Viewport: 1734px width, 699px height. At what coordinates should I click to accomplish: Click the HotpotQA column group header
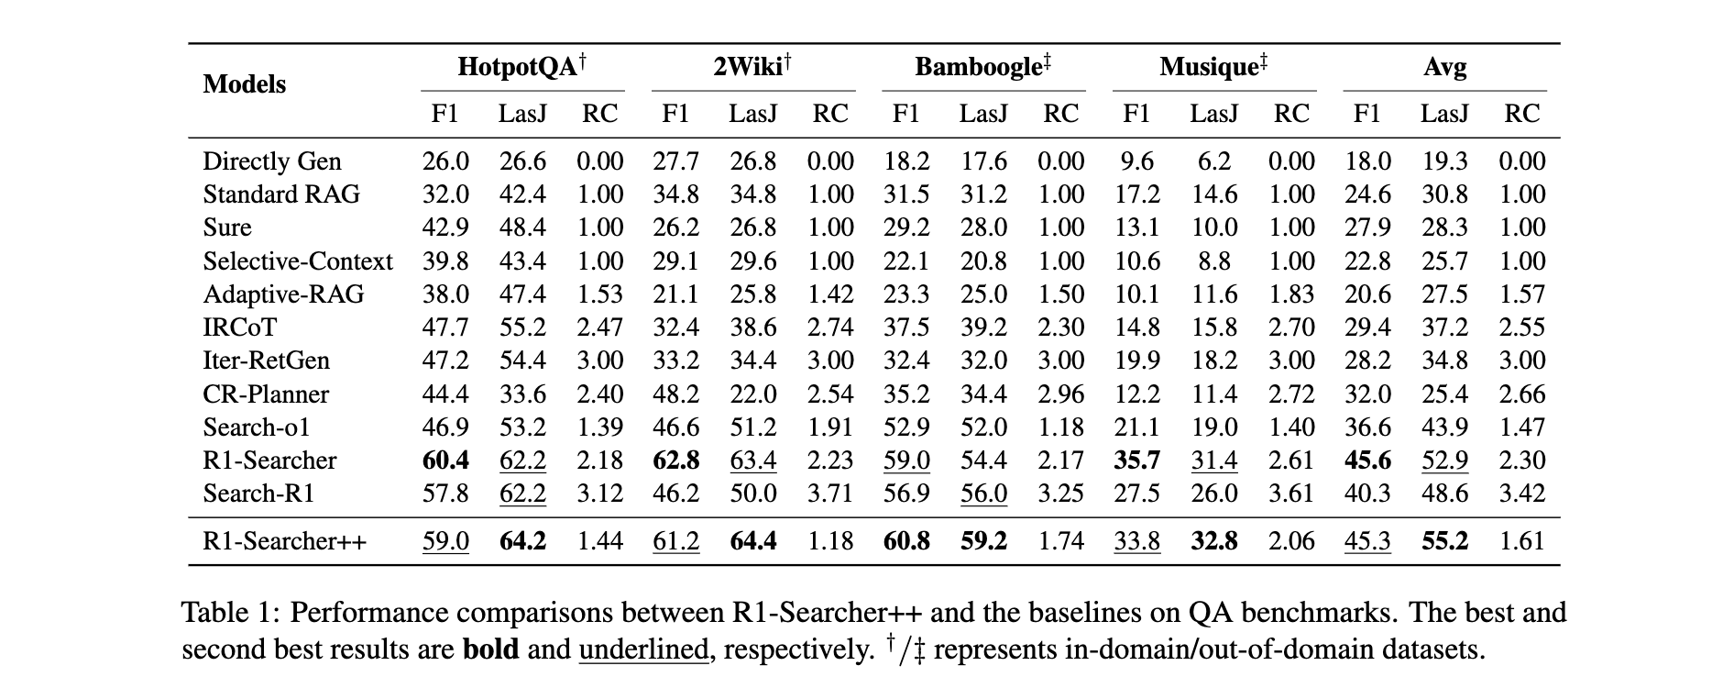click(x=522, y=67)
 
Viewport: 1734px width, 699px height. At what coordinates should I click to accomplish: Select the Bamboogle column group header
click(x=983, y=67)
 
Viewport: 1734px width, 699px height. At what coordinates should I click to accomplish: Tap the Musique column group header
click(x=1213, y=67)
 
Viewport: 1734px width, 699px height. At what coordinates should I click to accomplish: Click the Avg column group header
click(x=1444, y=67)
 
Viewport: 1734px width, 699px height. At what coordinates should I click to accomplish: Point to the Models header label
click(x=245, y=84)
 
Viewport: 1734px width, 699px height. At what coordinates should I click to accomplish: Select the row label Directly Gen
click(x=272, y=161)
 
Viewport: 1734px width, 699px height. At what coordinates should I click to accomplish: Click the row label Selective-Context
click(x=298, y=261)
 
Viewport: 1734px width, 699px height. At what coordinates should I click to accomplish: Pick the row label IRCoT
click(x=239, y=327)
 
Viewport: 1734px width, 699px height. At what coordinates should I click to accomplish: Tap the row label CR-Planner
click(x=266, y=394)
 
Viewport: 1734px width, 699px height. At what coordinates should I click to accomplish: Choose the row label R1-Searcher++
click(x=284, y=541)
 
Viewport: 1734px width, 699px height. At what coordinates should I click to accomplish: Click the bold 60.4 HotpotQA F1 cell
click(x=445, y=460)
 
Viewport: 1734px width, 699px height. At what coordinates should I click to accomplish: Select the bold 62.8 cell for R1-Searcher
click(x=676, y=460)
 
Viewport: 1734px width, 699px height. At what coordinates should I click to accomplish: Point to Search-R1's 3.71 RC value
click(x=830, y=494)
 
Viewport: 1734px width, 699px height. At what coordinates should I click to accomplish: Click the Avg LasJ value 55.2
click(x=1444, y=541)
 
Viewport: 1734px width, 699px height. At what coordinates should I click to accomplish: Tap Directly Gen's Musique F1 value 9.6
click(x=1136, y=161)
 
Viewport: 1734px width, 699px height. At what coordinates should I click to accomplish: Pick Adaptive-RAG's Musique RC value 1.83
click(x=1291, y=294)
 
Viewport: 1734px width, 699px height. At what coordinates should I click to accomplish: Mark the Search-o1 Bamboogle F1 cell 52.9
click(x=906, y=427)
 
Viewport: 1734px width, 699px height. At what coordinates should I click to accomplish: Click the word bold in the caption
click(x=490, y=649)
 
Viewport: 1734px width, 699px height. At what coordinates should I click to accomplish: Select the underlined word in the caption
click(x=643, y=650)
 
